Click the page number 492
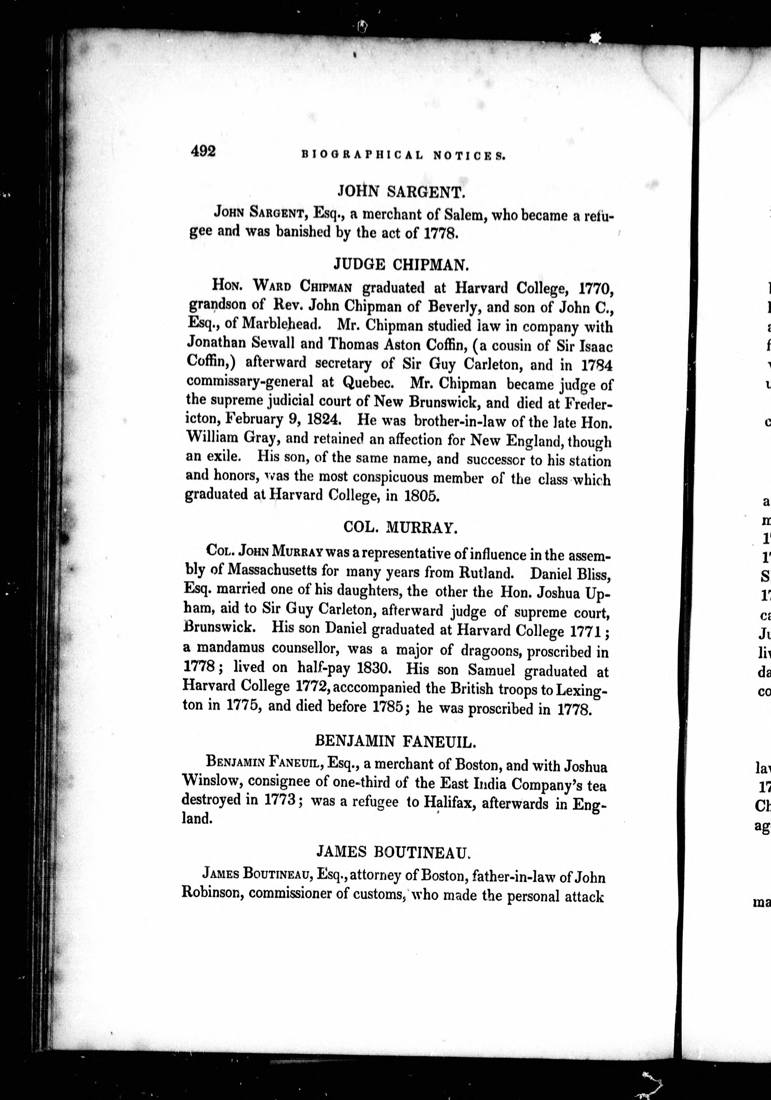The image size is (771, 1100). [204, 151]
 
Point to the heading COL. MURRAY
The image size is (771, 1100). [398, 527]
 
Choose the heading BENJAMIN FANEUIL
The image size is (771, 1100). [396, 742]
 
